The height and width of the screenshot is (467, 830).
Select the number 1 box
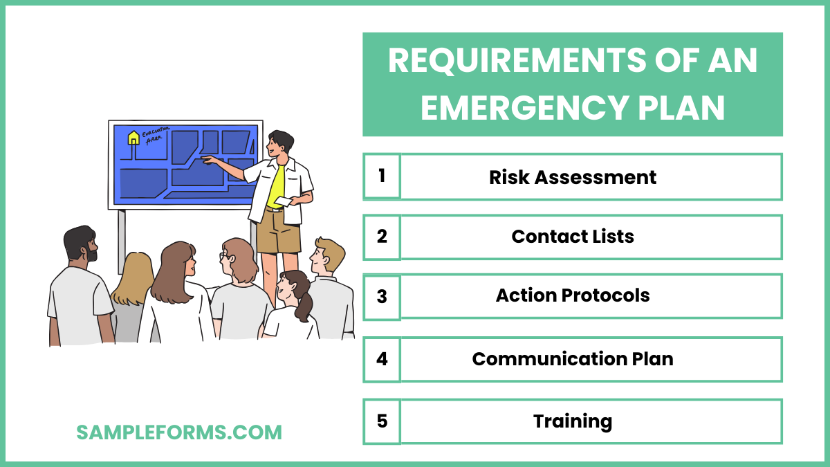[382, 176]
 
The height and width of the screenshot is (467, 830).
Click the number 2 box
[382, 237]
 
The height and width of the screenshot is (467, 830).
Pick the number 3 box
[382, 296]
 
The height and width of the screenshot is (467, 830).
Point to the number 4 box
[382, 359]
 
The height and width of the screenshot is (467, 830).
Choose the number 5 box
[382, 421]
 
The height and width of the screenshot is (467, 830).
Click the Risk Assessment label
[573, 177]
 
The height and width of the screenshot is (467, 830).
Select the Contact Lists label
[573, 237]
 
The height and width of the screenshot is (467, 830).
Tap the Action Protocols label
[573, 296]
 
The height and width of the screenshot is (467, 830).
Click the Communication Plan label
[573, 359]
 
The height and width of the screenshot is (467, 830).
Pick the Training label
[573, 421]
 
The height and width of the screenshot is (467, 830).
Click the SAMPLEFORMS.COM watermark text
[179, 432]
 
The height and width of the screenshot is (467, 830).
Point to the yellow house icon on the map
[133, 138]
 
